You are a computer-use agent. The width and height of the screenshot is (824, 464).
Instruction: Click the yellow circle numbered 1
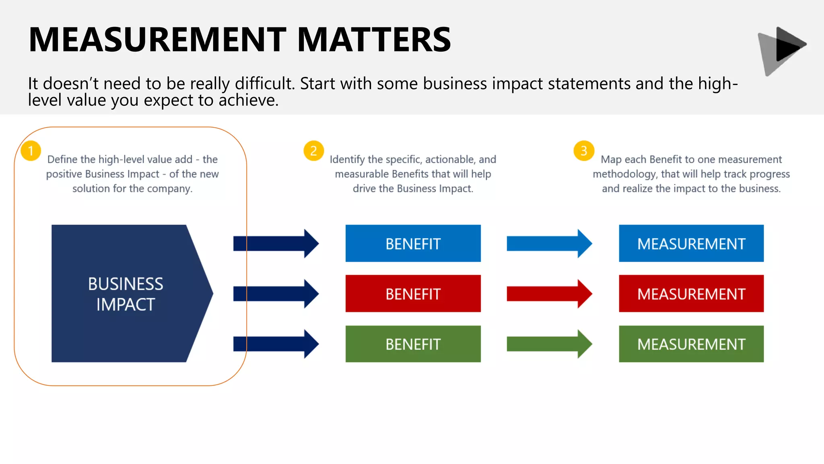point(31,151)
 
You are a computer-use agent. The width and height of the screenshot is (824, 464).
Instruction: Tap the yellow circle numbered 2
point(314,151)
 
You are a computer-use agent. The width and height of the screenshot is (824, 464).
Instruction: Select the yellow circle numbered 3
point(584,151)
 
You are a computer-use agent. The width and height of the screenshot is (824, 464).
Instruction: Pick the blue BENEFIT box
point(413,243)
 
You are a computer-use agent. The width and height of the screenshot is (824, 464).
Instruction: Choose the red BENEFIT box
point(413,294)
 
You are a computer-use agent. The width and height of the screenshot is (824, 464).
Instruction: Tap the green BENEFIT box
point(413,344)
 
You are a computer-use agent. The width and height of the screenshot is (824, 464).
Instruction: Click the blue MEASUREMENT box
point(691,243)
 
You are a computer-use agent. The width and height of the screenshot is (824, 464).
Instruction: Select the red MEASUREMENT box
point(691,294)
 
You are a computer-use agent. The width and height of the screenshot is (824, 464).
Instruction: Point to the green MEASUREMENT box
point(691,344)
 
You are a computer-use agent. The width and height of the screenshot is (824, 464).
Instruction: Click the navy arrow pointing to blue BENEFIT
point(276,243)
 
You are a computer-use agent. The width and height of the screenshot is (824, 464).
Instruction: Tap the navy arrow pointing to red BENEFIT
point(276,294)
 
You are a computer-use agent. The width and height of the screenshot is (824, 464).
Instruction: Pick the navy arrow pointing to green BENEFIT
point(276,344)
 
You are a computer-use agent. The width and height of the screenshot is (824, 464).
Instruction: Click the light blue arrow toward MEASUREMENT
point(549,243)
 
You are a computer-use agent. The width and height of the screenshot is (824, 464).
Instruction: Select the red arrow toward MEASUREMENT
point(549,294)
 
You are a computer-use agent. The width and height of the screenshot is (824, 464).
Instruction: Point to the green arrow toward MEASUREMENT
point(549,344)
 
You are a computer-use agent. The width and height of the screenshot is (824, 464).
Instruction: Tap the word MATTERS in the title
point(374,39)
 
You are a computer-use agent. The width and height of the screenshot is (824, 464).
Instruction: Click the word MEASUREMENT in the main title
point(157,39)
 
